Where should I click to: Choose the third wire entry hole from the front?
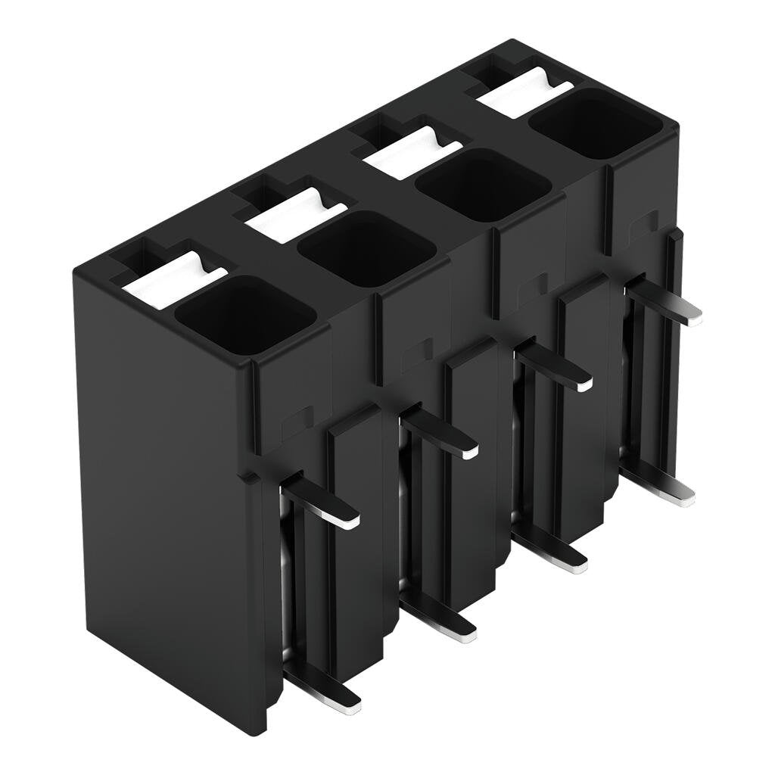point(483,185)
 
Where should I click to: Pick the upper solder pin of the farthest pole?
point(666,303)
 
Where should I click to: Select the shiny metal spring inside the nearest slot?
point(286,575)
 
